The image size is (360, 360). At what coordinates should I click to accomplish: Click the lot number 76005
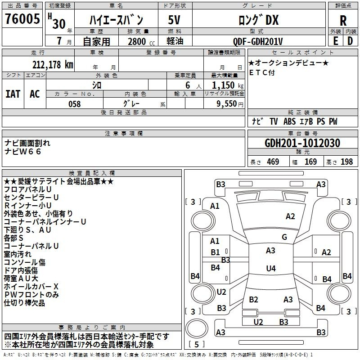(22, 18)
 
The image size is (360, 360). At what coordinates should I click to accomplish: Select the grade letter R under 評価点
(343, 20)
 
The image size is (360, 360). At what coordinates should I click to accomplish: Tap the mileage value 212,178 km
(53, 64)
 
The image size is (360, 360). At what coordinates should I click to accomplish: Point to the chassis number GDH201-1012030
(302, 143)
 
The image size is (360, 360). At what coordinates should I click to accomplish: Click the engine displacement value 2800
(137, 41)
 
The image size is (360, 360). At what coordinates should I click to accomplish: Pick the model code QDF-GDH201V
(257, 41)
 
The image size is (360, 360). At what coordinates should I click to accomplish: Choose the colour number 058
(75, 104)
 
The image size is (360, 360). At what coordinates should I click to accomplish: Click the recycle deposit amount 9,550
(226, 103)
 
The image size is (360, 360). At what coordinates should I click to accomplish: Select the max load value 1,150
(223, 85)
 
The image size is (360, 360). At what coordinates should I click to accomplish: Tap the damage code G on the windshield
(284, 237)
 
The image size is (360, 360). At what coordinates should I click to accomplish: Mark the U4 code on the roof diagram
(271, 268)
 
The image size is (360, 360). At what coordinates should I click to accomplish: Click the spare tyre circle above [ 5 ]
(197, 329)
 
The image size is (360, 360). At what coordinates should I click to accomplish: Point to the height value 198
(346, 162)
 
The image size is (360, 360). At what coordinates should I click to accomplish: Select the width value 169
(310, 162)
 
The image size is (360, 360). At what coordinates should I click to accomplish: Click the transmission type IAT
(13, 94)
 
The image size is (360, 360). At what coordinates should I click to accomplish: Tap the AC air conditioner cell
(35, 94)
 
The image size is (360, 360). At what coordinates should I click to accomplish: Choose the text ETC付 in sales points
(262, 72)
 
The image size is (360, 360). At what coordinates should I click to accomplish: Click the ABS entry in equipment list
(289, 121)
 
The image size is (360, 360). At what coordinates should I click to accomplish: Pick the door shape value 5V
(174, 20)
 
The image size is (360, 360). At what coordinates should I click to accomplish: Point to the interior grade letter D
(350, 41)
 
